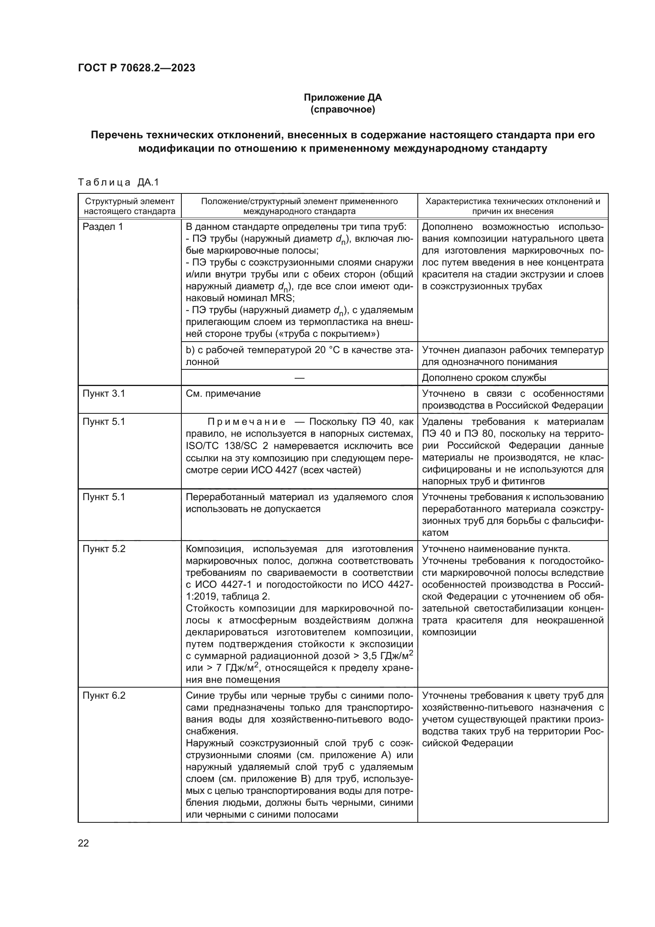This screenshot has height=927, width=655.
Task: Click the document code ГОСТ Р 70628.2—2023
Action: point(136,68)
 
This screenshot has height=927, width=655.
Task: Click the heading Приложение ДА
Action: point(343,98)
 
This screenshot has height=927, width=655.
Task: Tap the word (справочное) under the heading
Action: point(343,109)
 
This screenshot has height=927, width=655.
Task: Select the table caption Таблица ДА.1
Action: point(118,182)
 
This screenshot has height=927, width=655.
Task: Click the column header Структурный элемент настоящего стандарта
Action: point(129,206)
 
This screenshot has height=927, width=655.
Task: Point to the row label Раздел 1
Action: point(103,227)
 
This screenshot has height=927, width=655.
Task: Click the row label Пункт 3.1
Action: point(104,394)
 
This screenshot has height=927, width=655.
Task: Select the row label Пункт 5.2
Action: point(104,549)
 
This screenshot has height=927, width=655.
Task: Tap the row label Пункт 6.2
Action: point(104,696)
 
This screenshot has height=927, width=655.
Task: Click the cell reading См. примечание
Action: point(223,394)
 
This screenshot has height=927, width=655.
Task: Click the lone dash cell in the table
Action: point(299,378)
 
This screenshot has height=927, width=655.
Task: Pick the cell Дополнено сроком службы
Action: point(484,378)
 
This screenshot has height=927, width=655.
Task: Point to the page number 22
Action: point(83,843)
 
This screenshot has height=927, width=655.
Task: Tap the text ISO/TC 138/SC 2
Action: point(226,446)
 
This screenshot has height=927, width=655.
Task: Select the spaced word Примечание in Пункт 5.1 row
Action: point(246,422)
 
